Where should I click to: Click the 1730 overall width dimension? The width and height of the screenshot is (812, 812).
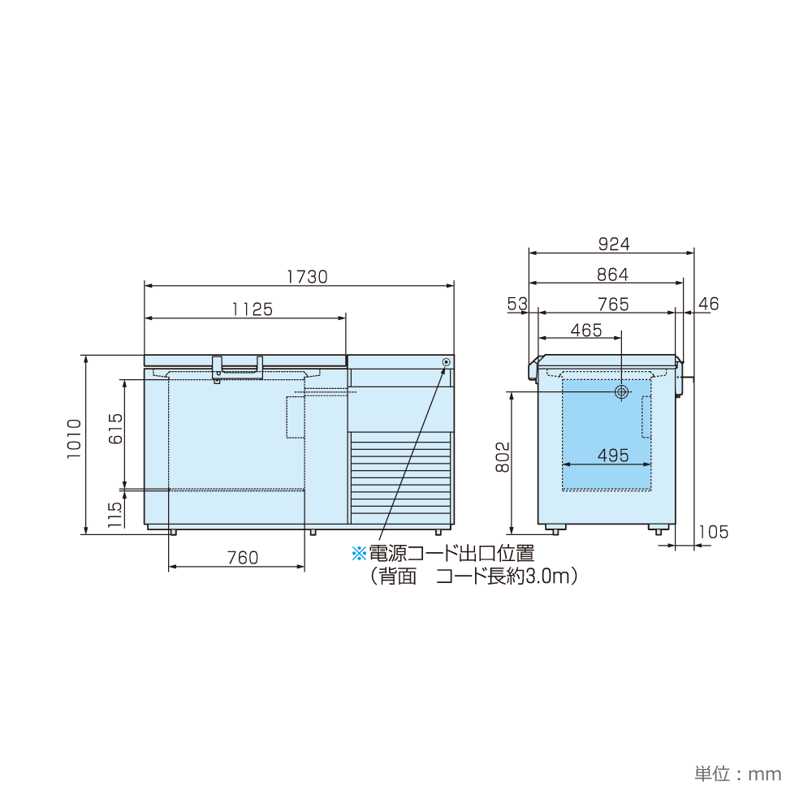pos(307,277)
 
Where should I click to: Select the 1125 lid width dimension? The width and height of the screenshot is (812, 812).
pos(253,309)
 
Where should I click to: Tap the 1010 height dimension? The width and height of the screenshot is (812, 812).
pos(75,438)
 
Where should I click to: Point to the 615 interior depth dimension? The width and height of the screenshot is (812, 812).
pos(115,429)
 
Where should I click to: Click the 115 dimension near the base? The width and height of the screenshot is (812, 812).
pos(115,515)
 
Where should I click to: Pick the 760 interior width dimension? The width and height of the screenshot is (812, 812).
pos(242,558)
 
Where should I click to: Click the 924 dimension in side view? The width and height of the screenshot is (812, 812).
pos(614,244)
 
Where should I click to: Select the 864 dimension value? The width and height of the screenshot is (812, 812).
pos(612,274)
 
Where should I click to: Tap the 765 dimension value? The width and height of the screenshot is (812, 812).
pos(613,304)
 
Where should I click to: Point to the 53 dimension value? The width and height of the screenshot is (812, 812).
pos(517,304)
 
